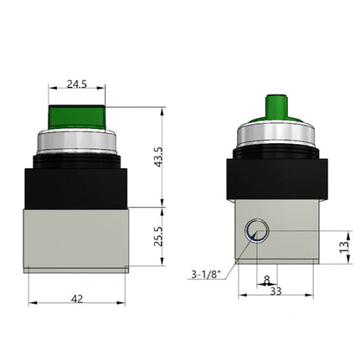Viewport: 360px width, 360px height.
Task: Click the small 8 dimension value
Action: (x=266, y=281)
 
